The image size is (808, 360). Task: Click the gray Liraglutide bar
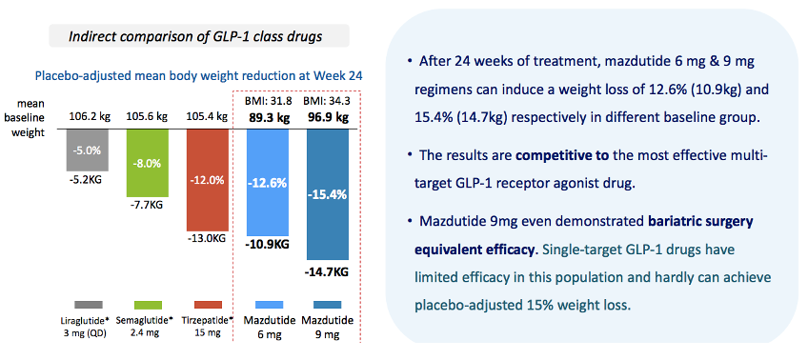pos(88,150)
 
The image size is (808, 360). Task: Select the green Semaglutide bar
pos(148,163)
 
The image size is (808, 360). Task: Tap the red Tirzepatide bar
pos(207,180)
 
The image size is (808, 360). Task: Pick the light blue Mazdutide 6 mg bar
pos(268,182)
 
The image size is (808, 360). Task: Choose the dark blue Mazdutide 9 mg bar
pos(328,194)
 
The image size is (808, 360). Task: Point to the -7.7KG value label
pos(148,206)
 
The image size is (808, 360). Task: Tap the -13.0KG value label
pos(207,239)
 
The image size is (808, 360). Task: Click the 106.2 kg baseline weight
pos(88,117)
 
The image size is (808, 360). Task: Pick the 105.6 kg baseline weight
pos(148,117)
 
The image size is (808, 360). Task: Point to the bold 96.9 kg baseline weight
pos(328,118)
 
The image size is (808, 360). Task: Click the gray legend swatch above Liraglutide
pos(89,305)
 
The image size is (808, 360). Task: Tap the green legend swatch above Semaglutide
pos(148,305)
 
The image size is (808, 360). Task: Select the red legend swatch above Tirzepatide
pos(208,305)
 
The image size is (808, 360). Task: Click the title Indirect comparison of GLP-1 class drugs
pos(195,37)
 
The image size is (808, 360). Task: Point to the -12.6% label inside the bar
pos(268,183)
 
